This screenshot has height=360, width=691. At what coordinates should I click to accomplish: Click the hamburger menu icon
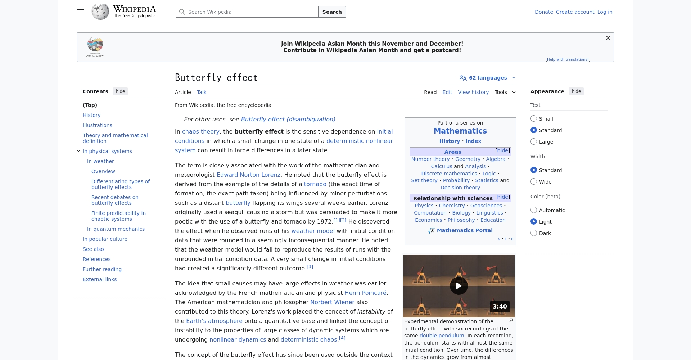point(81,12)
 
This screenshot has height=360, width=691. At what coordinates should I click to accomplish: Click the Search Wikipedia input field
point(248,12)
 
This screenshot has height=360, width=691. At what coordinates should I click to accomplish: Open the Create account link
point(575,12)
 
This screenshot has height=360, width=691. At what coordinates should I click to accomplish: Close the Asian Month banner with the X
point(608,38)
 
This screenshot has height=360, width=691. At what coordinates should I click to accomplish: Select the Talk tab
point(202,92)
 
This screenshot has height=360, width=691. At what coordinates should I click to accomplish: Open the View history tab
point(473,92)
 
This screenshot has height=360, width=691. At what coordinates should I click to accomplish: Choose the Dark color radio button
point(534,233)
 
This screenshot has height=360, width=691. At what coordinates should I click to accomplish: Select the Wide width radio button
point(534,182)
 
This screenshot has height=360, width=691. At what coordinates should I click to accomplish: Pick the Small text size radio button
point(534,119)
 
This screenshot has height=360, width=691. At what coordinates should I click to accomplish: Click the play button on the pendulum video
point(459,286)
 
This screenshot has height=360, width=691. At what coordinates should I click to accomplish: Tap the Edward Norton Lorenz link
point(248,175)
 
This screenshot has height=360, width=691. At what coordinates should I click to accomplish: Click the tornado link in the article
point(315,184)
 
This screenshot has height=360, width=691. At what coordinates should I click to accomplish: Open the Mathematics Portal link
point(464,230)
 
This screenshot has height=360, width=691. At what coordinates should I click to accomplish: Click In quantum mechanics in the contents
point(116,229)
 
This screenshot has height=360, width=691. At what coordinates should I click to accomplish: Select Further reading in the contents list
point(102,269)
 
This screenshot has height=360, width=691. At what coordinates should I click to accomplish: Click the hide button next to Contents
point(120,91)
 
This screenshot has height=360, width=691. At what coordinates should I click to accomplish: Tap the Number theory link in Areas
point(430,159)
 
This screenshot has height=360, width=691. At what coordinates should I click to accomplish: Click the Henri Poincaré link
point(365,293)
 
